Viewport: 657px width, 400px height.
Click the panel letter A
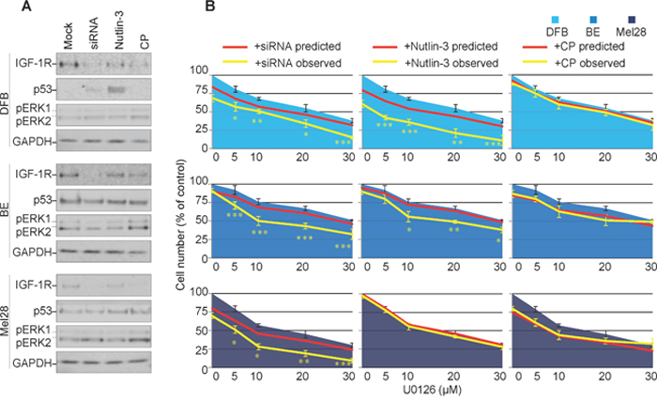8,8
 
